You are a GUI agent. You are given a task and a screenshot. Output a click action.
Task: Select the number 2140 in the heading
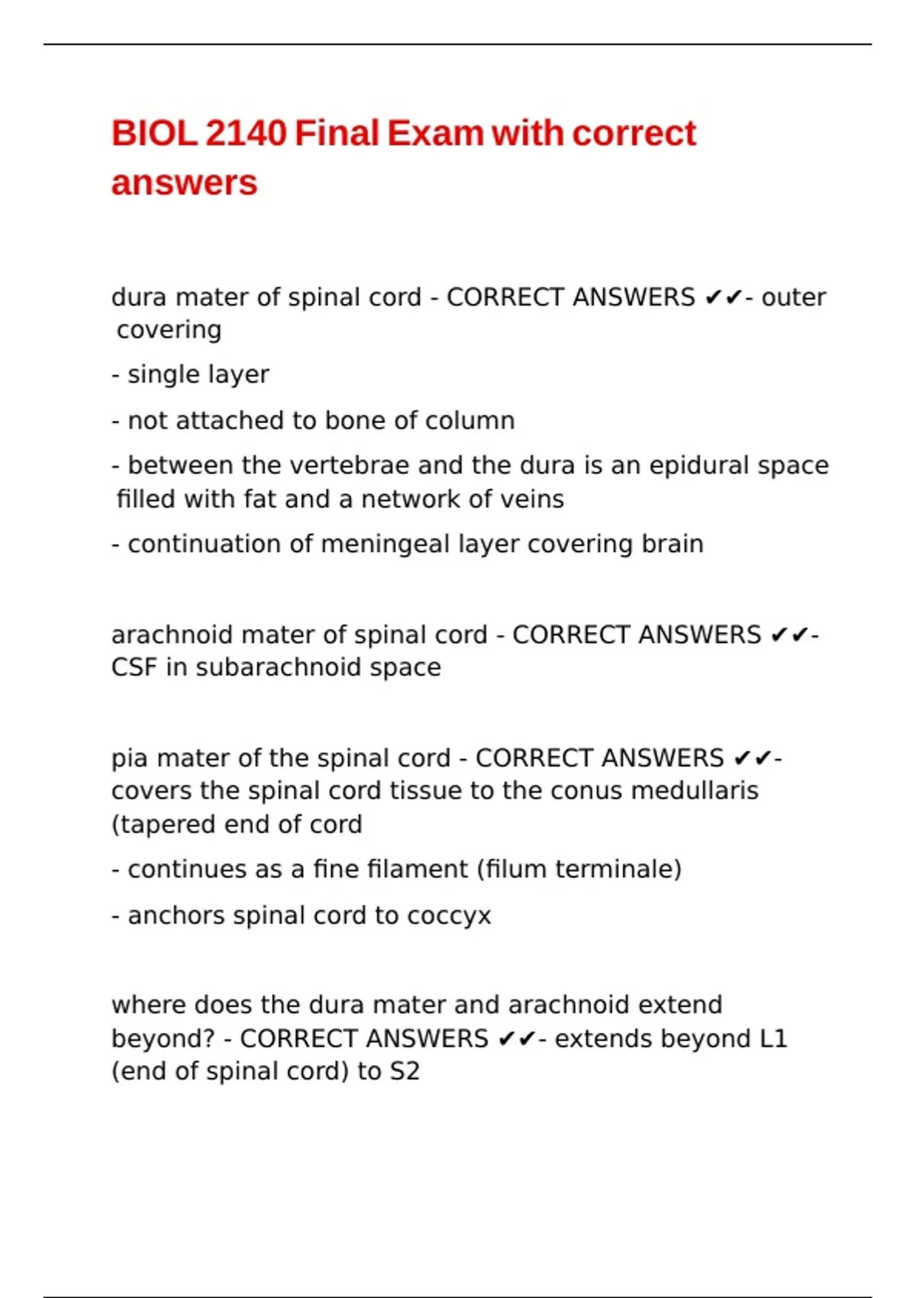click(246, 134)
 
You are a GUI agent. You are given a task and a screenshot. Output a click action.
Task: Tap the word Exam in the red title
click(435, 134)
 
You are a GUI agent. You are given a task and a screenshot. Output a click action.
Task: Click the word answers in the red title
click(185, 183)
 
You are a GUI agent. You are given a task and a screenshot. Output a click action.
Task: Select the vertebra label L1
click(773, 1038)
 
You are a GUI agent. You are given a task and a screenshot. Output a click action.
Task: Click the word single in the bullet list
click(157, 375)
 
